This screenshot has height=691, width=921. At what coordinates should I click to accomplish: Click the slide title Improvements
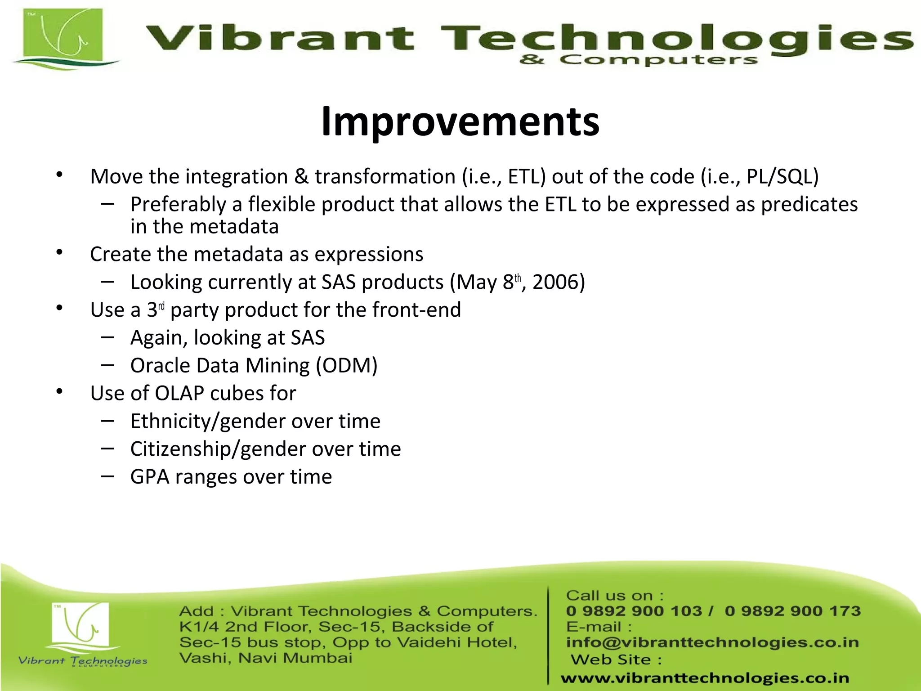pyautogui.click(x=460, y=121)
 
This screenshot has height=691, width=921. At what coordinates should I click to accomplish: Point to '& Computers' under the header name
pyautogui.click(x=639, y=60)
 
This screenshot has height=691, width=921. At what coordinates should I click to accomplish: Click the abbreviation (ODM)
pyautogui.click(x=346, y=366)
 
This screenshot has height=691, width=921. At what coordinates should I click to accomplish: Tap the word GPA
pyautogui.click(x=149, y=477)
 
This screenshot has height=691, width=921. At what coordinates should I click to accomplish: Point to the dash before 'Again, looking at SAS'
pyautogui.click(x=107, y=337)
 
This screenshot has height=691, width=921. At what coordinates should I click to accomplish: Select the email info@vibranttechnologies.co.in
pyautogui.click(x=712, y=642)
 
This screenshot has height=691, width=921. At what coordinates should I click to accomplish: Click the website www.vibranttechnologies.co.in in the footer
pyautogui.click(x=705, y=678)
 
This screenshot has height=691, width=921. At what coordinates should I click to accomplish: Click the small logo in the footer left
pyautogui.click(x=81, y=625)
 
